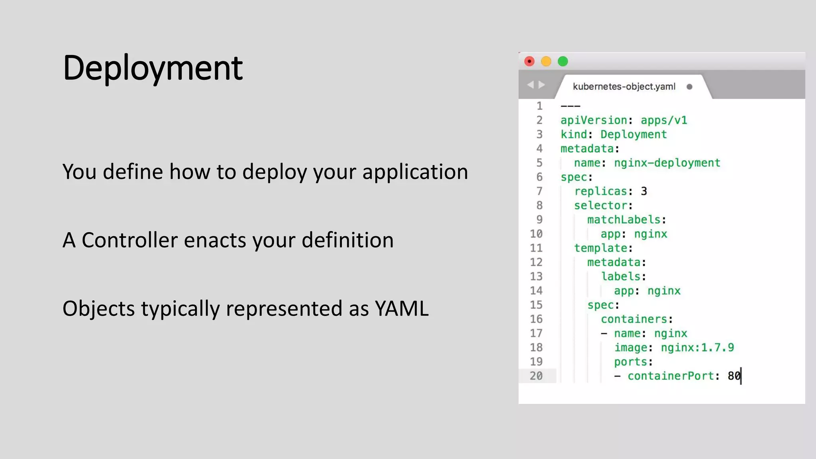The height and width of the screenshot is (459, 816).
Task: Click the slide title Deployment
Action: [x=153, y=68]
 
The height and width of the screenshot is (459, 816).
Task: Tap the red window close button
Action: [x=529, y=61]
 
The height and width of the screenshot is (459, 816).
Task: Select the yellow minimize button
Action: [x=546, y=61]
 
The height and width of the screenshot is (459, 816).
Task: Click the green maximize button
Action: [x=563, y=61]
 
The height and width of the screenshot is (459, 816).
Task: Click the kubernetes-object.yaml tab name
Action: [x=624, y=86]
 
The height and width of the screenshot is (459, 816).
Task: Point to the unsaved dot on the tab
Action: [x=689, y=87]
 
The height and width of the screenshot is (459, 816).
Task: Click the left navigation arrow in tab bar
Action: [x=530, y=85]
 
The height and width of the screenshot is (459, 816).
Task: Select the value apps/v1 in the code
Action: [x=664, y=120]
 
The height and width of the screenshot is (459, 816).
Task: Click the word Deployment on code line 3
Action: [x=634, y=135]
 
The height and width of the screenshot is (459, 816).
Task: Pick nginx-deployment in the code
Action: [x=667, y=163]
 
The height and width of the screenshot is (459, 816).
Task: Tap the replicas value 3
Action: [x=644, y=191]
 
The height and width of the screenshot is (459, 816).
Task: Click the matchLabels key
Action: [x=624, y=220]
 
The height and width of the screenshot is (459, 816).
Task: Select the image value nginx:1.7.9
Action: [x=697, y=348]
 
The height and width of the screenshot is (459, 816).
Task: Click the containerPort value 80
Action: [x=734, y=376]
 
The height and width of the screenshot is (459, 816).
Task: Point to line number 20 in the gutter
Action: [x=536, y=376]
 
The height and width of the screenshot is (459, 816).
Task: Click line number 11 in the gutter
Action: [x=536, y=248]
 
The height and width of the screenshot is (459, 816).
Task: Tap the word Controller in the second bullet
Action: [x=129, y=240]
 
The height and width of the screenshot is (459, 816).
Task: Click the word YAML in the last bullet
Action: [x=401, y=309]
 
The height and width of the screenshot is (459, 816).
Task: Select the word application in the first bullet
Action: [x=415, y=172]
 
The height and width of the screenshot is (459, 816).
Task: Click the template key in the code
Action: [x=600, y=248]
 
